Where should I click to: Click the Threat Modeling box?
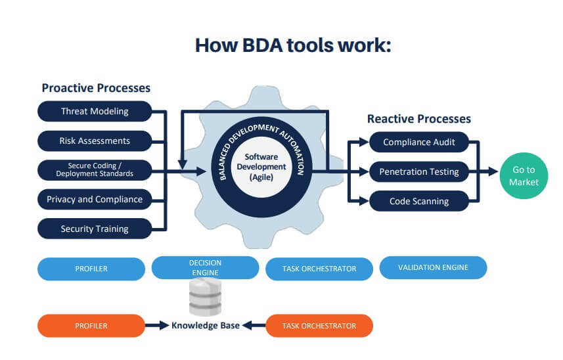tap(95, 111)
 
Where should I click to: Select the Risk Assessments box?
tap(95, 141)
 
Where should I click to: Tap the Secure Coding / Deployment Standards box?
tap(95, 169)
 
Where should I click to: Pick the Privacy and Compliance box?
tap(95, 199)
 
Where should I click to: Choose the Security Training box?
tap(95, 229)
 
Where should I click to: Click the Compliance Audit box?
tap(419, 142)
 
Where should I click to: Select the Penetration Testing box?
tap(419, 171)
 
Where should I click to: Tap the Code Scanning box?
tap(419, 201)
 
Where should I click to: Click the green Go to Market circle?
tap(524, 176)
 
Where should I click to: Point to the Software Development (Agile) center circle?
tap(261, 167)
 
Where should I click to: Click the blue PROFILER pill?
tap(91, 269)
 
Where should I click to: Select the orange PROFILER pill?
tap(91, 326)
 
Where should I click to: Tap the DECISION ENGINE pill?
tap(205, 267)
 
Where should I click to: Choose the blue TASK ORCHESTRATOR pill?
tap(319, 269)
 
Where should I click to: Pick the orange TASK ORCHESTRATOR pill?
tap(319, 326)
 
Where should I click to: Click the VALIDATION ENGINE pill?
tap(433, 267)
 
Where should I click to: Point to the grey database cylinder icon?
tap(206, 297)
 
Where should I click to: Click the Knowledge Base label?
tap(206, 326)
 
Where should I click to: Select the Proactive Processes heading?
tap(96, 88)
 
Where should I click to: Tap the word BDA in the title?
tap(263, 45)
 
